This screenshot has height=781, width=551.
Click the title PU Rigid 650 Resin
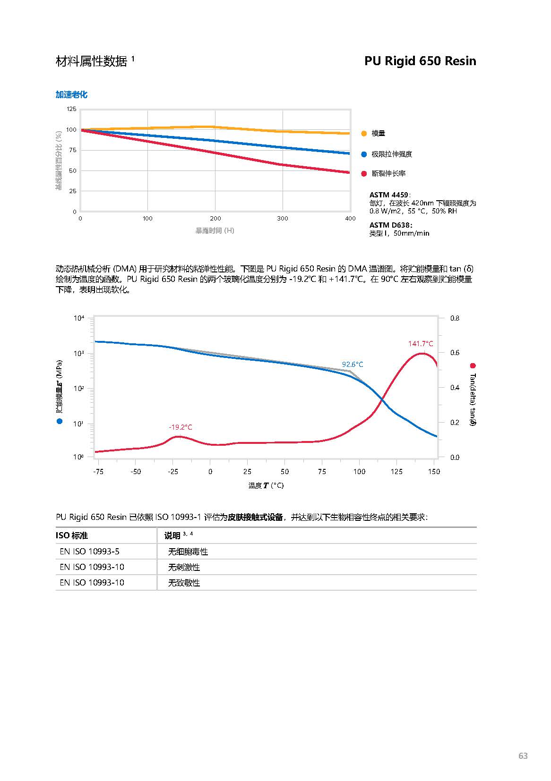pos(420,61)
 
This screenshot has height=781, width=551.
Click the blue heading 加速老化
pos(71,94)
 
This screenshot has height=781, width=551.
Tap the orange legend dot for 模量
pos(364,134)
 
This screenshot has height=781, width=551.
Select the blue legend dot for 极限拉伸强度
pos(364,154)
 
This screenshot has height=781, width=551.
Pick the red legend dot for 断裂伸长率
pos(364,174)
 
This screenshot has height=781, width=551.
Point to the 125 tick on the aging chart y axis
pos(71,109)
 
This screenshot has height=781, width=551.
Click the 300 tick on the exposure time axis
pos(283,219)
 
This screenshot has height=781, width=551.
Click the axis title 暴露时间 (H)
pos(215,230)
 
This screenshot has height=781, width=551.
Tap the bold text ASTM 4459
pos(389,195)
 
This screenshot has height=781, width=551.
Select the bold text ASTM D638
pos(390,225)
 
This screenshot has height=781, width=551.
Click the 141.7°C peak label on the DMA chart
pos(421,344)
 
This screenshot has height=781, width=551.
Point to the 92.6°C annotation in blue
pos(353,365)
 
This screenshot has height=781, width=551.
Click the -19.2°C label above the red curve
pos(181,427)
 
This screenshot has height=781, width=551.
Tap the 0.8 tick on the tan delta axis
pos(455,318)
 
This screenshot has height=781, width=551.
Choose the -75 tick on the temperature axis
pos(98,471)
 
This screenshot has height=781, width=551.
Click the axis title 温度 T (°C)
pos(266,485)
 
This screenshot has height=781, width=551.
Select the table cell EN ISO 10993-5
pos(90,552)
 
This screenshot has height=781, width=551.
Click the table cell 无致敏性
pos(184,583)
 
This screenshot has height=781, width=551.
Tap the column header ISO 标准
pos(72,535)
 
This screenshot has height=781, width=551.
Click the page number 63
pos(523,756)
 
